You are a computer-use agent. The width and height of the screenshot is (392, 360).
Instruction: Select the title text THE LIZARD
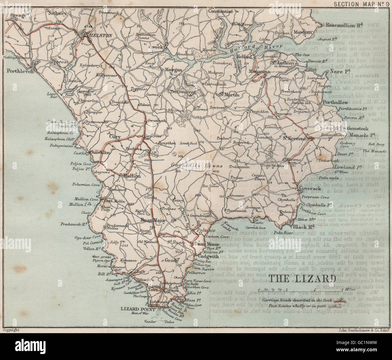[x=301, y=278]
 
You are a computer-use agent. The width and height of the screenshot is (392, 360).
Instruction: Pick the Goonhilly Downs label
[x=197, y=166]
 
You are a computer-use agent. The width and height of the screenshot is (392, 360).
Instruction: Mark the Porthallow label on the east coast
[x=335, y=103]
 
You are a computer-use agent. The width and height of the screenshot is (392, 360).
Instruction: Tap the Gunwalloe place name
[x=100, y=153]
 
